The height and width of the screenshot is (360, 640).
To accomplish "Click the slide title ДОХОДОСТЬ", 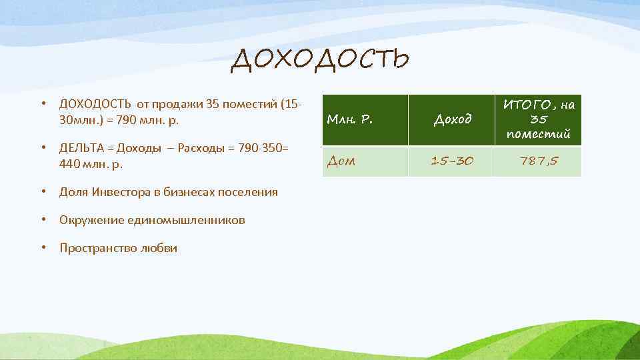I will [319, 61].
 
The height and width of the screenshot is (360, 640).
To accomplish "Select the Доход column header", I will [452, 120].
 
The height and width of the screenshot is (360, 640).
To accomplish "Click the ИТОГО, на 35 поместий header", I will [538, 119].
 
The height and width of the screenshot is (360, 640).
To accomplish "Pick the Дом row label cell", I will [340, 161].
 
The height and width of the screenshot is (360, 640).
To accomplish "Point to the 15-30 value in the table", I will [452, 161].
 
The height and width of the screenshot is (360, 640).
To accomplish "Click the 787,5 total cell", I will [538, 161].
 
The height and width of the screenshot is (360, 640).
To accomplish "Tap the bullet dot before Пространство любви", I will [42, 248].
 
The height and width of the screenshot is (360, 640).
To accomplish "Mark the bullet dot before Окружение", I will [42, 220].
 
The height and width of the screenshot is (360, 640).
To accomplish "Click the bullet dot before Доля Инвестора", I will [42, 192].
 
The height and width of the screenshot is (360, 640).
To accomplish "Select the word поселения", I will [250, 192].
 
